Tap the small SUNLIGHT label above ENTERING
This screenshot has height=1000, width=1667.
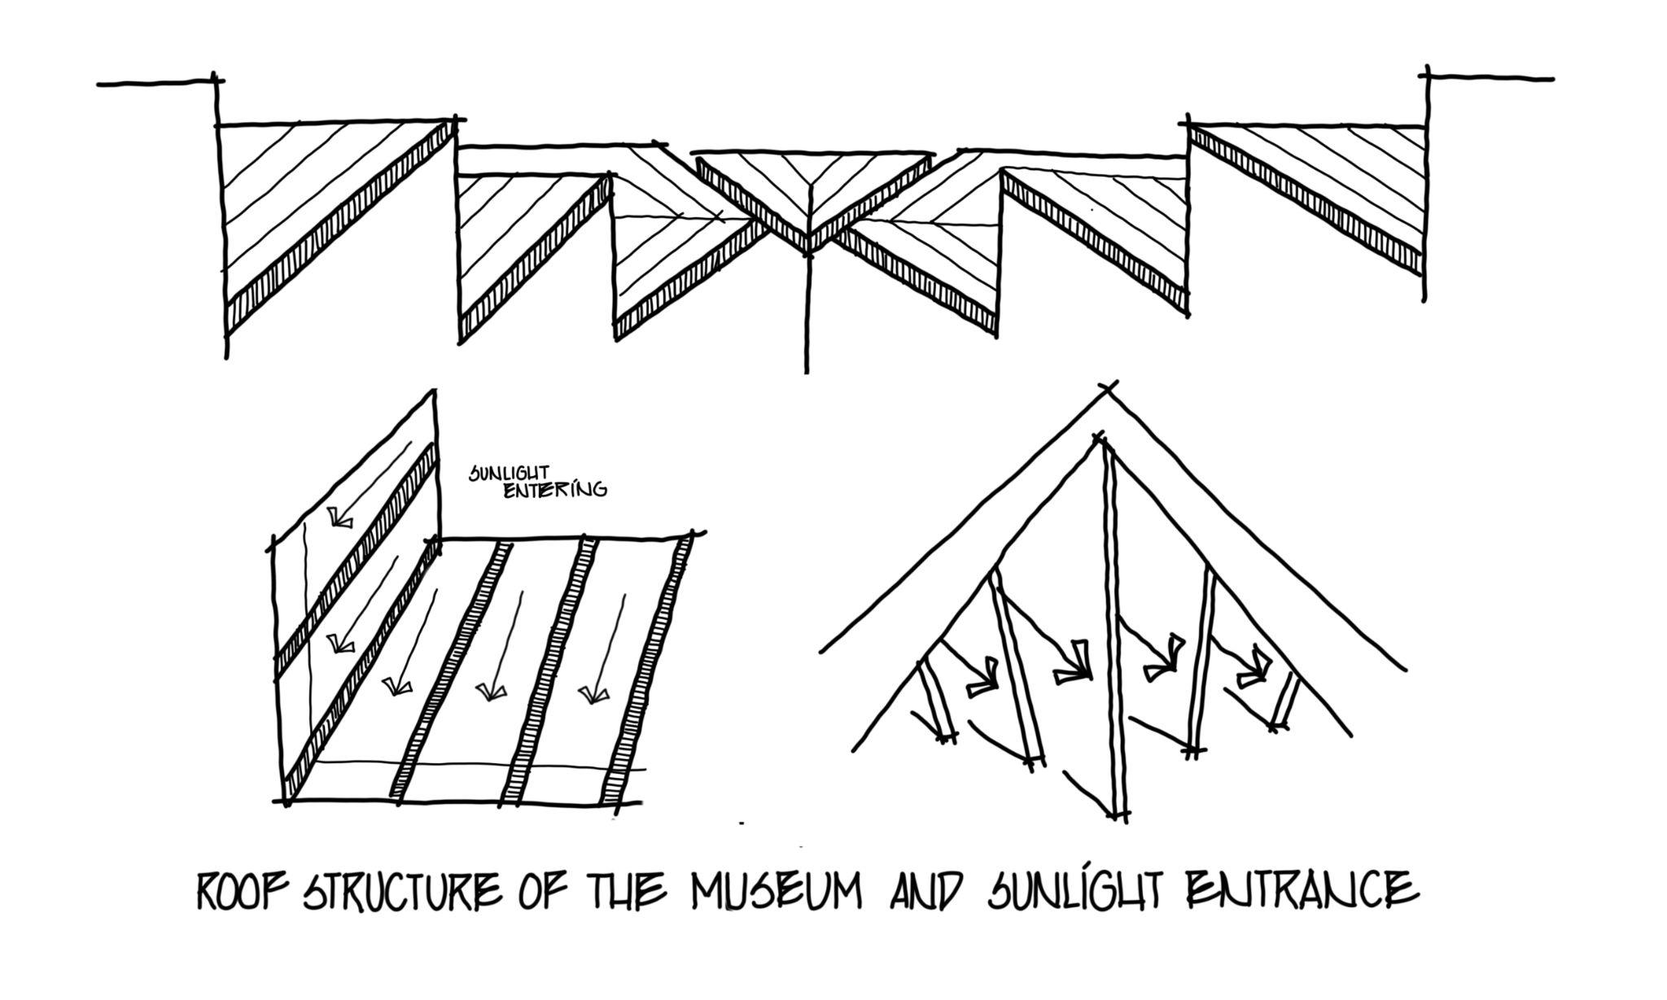(510, 473)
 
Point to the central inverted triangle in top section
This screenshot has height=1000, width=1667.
(810, 191)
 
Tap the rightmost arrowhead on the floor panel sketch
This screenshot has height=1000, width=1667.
(593, 694)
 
